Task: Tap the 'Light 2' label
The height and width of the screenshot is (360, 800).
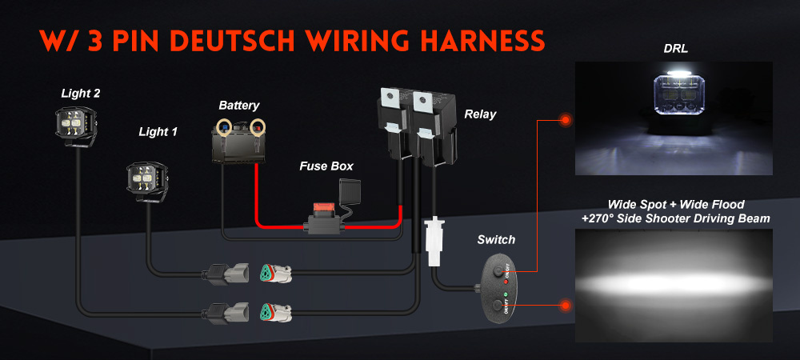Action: point(81,94)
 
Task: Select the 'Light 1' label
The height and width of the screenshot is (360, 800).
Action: point(158,131)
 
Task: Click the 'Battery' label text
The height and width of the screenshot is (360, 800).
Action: point(239,105)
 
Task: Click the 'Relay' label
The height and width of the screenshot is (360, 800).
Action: point(480,114)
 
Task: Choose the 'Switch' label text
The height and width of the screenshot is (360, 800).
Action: point(496,239)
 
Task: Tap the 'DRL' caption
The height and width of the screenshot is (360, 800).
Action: point(674,49)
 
